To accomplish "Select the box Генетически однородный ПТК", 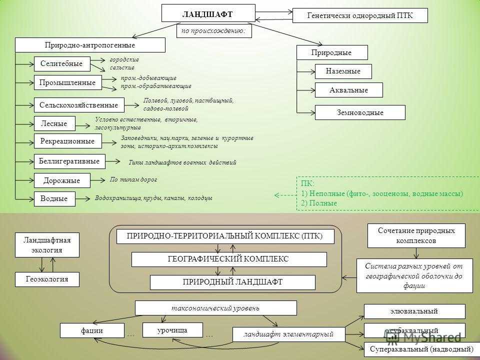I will (x=360, y=15).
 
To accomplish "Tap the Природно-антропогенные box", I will (x=90, y=45).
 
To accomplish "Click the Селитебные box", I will (x=62, y=63).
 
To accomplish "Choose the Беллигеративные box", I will (x=69, y=161).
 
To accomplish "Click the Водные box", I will (x=54, y=198).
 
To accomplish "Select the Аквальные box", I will (x=348, y=90).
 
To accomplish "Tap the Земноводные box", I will (x=360, y=112).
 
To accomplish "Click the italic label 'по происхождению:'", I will (x=214, y=31).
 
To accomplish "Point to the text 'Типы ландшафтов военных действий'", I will (x=182, y=162).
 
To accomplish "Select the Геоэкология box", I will (x=47, y=279).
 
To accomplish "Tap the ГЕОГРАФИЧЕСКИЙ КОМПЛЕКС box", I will (x=228, y=259).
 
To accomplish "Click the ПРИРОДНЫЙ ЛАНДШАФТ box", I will (x=232, y=282).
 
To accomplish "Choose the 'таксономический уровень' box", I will (x=216, y=307).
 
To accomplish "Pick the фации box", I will (x=92, y=330).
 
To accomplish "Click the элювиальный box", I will (x=414, y=311).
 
